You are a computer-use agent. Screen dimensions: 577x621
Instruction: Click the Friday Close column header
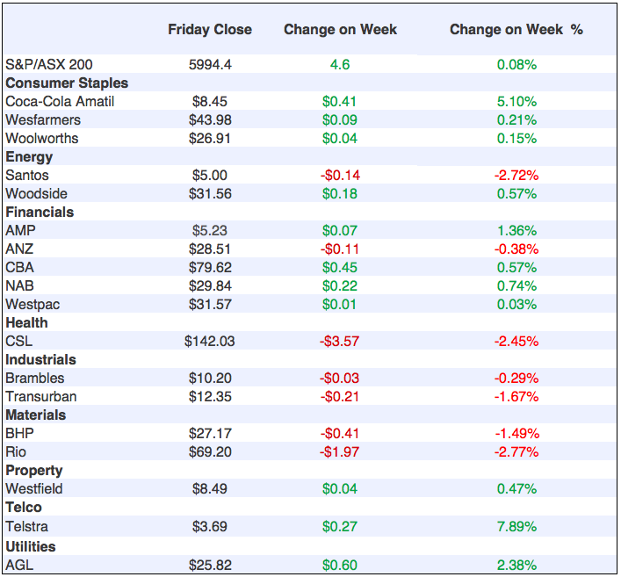pyautogui.click(x=209, y=30)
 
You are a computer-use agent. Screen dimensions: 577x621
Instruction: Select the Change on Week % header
pyautogui.click(x=516, y=30)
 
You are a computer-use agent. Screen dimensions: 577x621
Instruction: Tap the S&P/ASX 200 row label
pyautogui.click(x=48, y=64)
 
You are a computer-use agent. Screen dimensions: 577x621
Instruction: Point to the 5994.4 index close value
pyautogui.click(x=210, y=64)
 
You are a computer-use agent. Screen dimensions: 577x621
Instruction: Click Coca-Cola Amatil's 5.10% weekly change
pyautogui.click(x=516, y=101)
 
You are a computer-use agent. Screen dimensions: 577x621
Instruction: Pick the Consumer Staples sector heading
pyautogui.click(x=67, y=83)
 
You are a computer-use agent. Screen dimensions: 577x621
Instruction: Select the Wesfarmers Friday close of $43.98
pyautogui.click(x=210, y=119)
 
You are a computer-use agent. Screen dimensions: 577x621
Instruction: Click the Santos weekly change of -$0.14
pyautogui.click(x=340, y=175)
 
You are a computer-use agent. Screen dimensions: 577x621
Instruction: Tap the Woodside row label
pyautogui.click(x=36, y=193)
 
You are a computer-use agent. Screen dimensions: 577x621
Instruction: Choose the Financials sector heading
pyautogui.click(x=40, y=212)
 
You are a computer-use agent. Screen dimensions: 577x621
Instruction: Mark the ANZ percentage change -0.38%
pyautogui.click(x=516, y=249)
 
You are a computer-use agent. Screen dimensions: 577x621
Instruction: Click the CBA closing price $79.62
pyautogui.click(x=210, y=267)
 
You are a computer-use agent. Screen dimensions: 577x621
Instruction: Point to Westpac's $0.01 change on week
pyautogui.click(x=340, y=304)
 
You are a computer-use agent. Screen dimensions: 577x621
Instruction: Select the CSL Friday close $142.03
pyautogui.click(x=210, y=341)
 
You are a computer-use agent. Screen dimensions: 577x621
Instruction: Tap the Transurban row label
pyautogui.click(x=40, y=396)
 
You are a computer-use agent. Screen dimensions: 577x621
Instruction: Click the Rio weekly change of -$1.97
pyautogui.click(x=340, y=451)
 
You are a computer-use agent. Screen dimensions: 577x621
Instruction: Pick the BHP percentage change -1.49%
pyautogui.click(x=516, y=433)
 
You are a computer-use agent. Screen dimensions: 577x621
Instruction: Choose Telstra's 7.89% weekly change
pyautogui.click(x=516, y=526)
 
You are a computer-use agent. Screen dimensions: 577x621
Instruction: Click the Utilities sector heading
pyautogui.click(x=30, y=546)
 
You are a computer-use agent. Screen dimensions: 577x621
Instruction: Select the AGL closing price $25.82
pyautogui.click(x=210, y=565)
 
